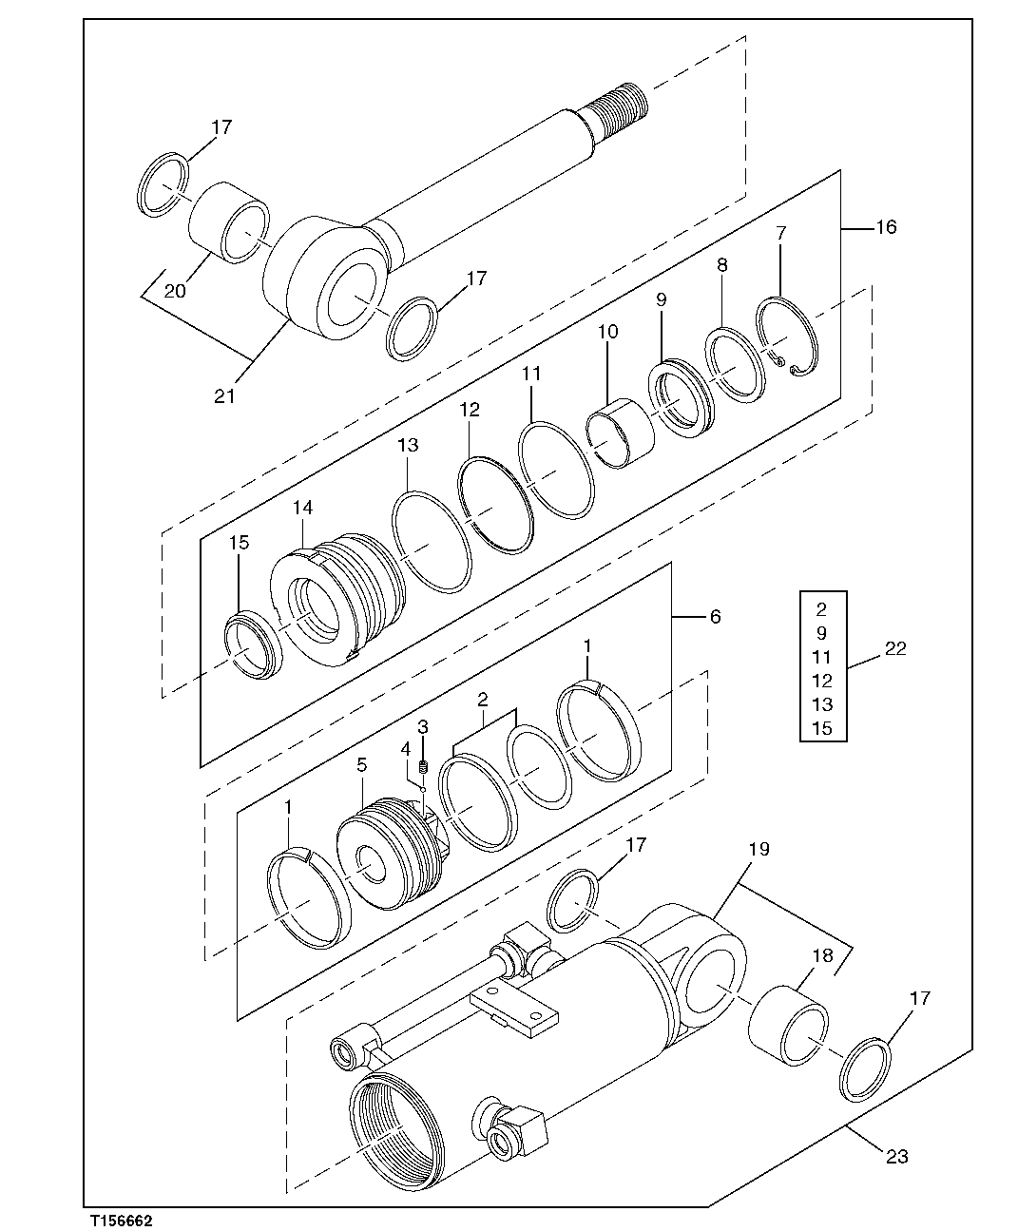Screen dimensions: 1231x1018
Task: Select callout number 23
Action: pos(896,1156)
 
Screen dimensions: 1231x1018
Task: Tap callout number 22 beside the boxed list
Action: pos(895,649)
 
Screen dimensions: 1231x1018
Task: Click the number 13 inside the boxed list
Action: pos(822,704)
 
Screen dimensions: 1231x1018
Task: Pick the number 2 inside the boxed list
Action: pos(822,609)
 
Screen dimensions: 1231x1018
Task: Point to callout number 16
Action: pos(885,227)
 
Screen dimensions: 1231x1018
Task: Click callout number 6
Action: pos(715,617)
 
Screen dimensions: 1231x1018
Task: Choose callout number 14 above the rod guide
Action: pos(302,509)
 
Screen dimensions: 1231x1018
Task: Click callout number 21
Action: pos(224,395)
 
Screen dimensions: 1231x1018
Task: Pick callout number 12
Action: pos(470,411)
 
